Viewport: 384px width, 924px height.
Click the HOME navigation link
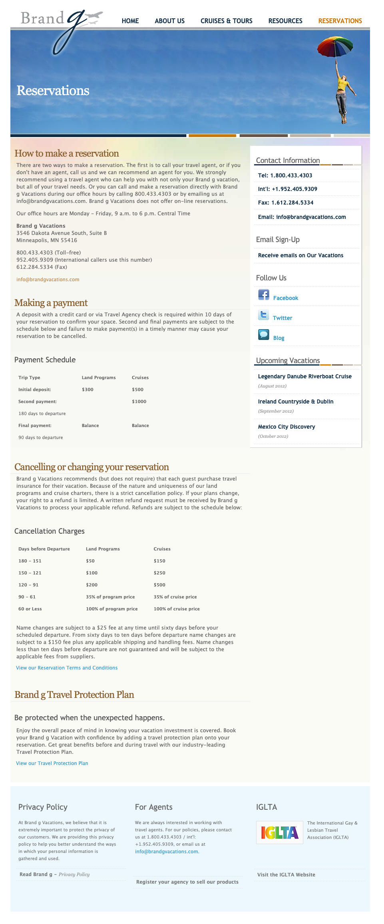click(x=130, y=21)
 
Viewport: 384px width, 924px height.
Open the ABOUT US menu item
click(x=169, y=21)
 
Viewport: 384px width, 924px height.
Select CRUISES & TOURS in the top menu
click(x=226, y=21)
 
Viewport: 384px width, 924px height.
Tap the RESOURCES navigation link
click(x=285, y=21)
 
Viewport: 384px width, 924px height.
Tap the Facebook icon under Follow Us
click(x=264, y=295)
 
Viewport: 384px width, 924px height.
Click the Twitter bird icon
click(x=264, y=315)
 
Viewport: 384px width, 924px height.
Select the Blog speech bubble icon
click(x=264, y=335)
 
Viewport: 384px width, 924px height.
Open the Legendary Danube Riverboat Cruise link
click(x=305, y=376)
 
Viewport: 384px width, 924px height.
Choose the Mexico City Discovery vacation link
click(x=287, y=427)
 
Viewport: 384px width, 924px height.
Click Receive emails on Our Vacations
click(x=300, y=255)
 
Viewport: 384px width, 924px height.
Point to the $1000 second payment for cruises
click(x=139, y=401)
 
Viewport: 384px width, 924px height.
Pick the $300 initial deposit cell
click(x=88, y=389)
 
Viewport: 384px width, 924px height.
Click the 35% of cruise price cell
click(x=175, y=597)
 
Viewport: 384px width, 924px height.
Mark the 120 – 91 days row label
click(x=28, y=585)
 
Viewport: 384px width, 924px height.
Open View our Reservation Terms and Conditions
click(x=67, y=668)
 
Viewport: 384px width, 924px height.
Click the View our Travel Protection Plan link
click(x=52, y=763)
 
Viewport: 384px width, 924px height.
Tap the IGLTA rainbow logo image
click(x=280, y=833)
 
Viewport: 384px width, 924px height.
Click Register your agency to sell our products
click(x=187, y=882)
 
